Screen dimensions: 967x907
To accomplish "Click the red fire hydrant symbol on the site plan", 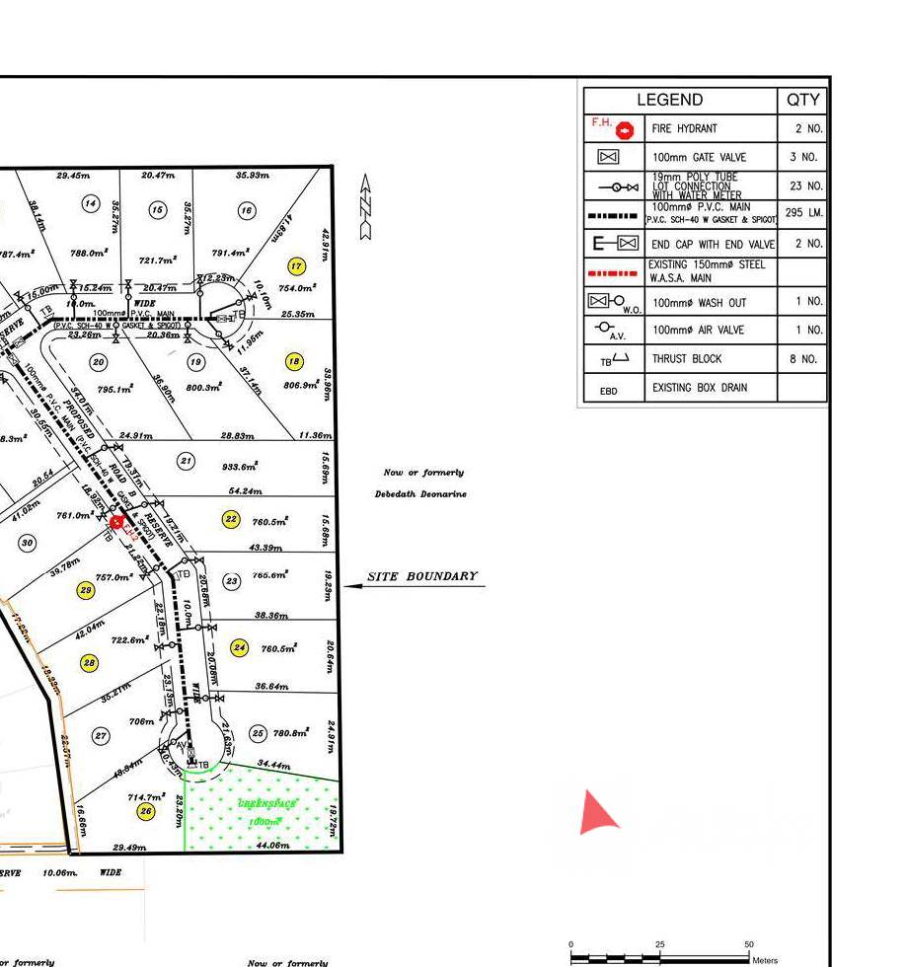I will click(x=116, y=522).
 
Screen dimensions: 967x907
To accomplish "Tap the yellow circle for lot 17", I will click(x=295, y=266).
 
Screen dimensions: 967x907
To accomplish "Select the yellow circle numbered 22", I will click(x=231, y=519).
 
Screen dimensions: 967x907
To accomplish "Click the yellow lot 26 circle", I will click(x=146, y=811).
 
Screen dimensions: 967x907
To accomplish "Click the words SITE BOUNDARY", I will click(x=422, y=576).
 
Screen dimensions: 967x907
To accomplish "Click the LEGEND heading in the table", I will click(x=669, y=100).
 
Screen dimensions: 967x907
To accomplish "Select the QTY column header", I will click(x=802, y=100).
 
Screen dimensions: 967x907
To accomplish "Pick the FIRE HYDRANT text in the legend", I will click(x=684, y=128).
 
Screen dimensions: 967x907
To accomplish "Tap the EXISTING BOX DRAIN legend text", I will click(x=699, y=388).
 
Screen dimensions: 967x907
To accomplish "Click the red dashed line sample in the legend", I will click(x=614, y=271).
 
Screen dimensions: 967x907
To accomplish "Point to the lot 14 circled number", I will click(x=91, y=203).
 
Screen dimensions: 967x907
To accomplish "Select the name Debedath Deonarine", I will click(x=420, y=493).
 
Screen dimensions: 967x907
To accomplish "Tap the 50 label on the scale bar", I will click(x=749, y=944).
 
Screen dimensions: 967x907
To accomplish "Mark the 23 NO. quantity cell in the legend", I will click(x=806, y=186).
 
